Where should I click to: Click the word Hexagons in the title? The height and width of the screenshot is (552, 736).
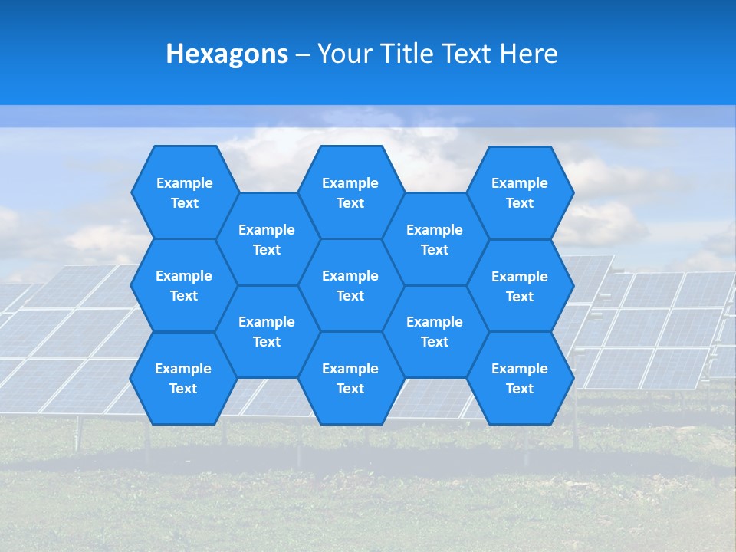227,54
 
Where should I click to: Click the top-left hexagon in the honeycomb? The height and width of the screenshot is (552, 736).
184,192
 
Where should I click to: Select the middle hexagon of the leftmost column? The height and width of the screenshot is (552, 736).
184,285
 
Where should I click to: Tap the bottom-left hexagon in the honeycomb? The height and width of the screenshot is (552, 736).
183,378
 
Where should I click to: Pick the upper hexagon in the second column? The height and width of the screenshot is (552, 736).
267,239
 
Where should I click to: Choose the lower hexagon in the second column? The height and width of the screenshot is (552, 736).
267,331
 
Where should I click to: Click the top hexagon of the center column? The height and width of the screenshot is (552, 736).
350,192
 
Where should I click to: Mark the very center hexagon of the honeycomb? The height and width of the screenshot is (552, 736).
350,285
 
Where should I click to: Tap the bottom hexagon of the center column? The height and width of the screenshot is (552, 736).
350,378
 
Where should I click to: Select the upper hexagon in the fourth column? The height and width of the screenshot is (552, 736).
435,239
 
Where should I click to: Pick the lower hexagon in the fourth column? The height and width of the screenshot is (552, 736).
435,331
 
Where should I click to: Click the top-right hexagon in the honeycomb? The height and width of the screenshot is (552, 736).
520,192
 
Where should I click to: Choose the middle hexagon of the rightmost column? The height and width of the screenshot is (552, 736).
520,286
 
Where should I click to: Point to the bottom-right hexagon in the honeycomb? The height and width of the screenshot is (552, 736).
520,378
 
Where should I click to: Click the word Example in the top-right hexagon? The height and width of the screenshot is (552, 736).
520,183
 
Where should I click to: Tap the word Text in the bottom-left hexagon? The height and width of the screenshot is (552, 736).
183,389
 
